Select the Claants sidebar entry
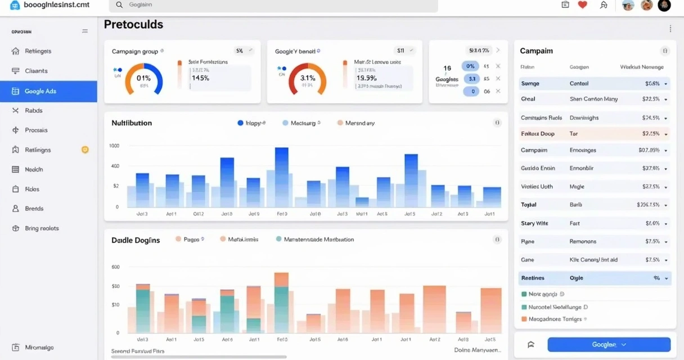pyautogui.click(x=36, y=71)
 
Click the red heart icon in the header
pyautogui.click(x=582, y=5)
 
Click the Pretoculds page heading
pyautogui.click(x=133, y=25)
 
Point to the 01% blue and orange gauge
pyautogui.click(x=143, y=79)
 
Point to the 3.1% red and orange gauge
pyautogui.click(x=307, y=79)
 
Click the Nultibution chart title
pyautogui.click(x=132, y=123)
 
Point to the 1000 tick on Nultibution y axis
pyautogui.click(x=114, y=146)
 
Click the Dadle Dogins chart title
pyautogui.click(x=136, y=240)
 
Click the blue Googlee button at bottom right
pyautogui.click(x=609, y=344)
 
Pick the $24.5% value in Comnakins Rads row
pyautogui.click(x=650, y=118)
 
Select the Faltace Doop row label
pyautogui.click(x=538, y=134)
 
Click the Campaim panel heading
pyautogui.click(x=536, y=51)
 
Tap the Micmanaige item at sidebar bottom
pyautogui.click(x=39, y=348)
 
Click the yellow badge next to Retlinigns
pyautogui.click(x=85, y=150)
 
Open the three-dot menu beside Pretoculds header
pyautogui.click(x=670, y=29)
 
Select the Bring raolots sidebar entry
pyautogui.click(x=42, y=228)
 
